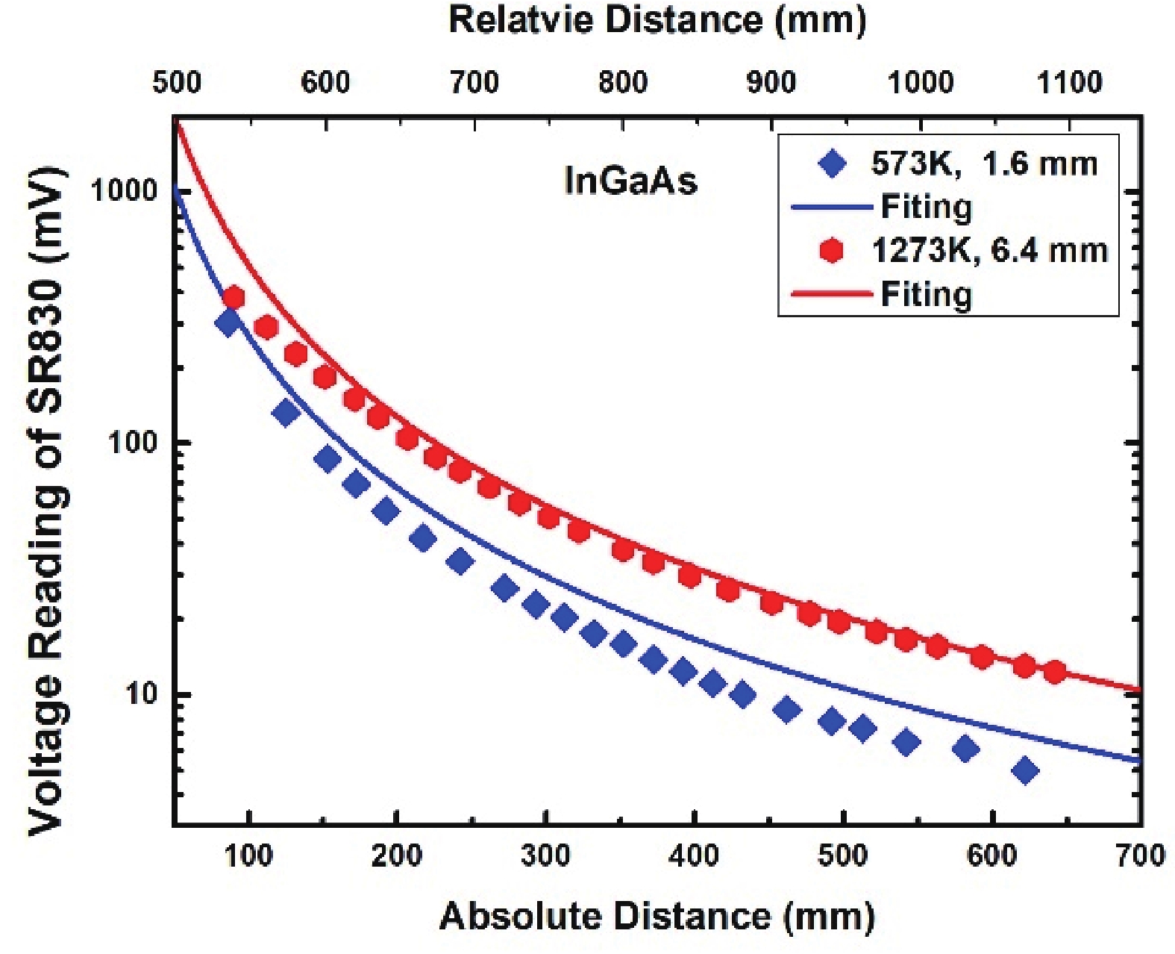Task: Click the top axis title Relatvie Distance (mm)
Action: coord(657,20)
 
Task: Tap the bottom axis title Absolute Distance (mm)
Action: coord(657,916)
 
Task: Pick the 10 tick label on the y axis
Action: coord(142,694)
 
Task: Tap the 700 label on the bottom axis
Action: coord(1140,855)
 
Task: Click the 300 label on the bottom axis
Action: coord(545,855)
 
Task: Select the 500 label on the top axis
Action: coord(177,82)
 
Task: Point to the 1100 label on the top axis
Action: coord(1070,82)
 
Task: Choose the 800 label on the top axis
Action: coord(623,82)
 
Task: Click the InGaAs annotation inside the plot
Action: coord(631,181)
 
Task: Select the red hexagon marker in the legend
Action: coord(832,251)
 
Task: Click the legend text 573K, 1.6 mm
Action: coord(984,163)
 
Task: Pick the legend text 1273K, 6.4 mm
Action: coord(990,251)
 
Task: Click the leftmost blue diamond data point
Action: coord(228,322)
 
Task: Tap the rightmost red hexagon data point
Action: coord(1054,672)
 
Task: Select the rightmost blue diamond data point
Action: coord(1026,770)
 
